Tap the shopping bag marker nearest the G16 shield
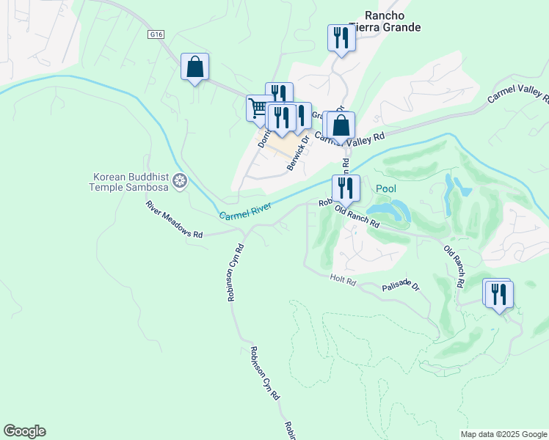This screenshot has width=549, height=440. point(194,67)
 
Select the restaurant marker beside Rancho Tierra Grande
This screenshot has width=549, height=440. point(341,38)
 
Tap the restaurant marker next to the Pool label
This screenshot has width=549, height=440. point(344,188)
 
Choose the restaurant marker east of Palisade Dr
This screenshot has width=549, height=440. point(499,295)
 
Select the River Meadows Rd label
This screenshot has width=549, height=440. point(173,219)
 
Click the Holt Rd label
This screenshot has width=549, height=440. point(343,279)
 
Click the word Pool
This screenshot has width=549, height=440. point(386,189)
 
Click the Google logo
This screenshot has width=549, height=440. point(24,431)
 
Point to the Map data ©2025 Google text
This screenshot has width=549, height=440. point(503,434)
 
